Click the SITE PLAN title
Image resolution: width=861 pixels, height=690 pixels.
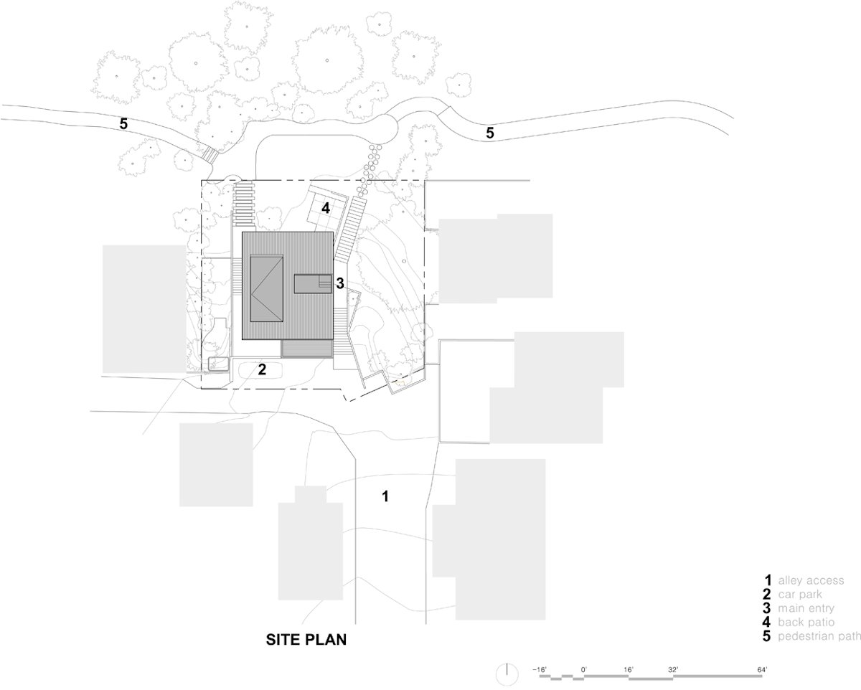[306, 640]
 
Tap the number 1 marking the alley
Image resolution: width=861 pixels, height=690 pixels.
[385, 496]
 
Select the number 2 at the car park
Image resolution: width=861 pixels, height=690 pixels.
[262, 369]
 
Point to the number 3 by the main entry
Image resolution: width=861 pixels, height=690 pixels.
[339, 283]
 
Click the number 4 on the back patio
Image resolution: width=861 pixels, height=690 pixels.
[326, 208]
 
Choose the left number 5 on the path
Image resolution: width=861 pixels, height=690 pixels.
[123, 124]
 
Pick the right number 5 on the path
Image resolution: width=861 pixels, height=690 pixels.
[490, 133]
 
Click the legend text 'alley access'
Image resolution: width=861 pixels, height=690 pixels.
[811, 580]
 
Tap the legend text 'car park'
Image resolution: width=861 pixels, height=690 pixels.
[800, 595]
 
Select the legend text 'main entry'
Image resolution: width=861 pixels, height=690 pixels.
[806, 608]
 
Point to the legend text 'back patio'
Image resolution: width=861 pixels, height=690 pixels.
[806, 623]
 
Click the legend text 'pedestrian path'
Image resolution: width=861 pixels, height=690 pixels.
[819, 636]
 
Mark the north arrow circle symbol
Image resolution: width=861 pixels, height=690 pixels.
[507, 674]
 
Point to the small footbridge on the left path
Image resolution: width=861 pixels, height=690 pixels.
[210, 153]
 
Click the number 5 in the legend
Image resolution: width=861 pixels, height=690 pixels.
[766, 636]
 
